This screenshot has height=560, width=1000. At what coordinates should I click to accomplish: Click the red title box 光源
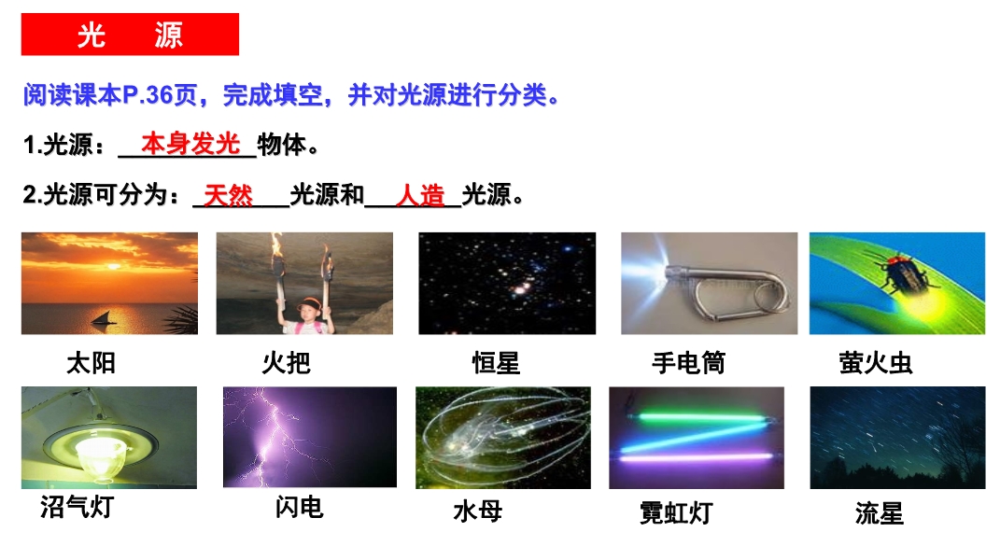130,35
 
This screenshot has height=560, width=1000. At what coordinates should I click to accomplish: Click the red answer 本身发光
190,144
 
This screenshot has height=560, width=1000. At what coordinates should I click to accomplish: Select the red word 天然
229,195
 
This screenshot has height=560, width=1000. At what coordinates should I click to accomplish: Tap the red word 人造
419,195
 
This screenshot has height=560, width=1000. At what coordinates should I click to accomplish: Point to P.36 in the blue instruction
148,96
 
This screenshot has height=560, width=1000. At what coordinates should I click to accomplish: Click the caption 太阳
92,363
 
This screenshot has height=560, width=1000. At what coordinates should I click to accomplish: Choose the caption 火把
287,363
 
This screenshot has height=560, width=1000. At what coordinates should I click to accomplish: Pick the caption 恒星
496,363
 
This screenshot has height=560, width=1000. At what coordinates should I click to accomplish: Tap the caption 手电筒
689,363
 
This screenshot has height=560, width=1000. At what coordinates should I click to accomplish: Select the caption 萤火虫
876,363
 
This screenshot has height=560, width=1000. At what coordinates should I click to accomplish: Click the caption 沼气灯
77,507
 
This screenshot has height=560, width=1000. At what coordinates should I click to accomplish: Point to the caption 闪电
300,507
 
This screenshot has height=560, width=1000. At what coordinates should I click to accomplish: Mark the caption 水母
478,511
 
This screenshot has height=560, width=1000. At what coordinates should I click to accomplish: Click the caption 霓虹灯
676,512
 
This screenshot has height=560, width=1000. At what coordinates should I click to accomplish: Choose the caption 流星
880,512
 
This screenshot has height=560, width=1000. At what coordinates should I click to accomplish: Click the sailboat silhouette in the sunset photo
104,318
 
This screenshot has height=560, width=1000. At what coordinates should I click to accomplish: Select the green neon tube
700,418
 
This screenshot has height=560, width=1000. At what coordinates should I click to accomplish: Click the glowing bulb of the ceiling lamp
100,455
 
